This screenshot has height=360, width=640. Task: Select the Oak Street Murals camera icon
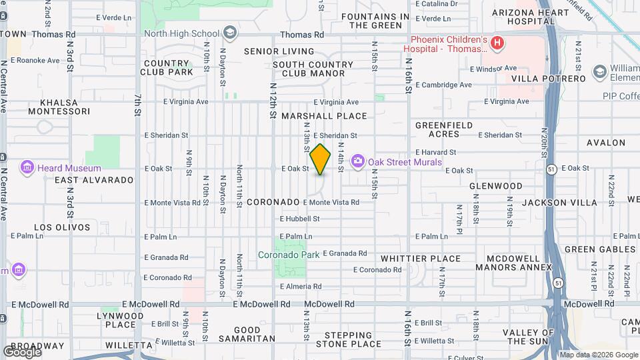point(358,161)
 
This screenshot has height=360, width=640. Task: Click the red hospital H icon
point(496,44)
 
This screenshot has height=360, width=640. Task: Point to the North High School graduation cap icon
point(229,33)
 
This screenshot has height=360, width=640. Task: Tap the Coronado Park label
point(289,254)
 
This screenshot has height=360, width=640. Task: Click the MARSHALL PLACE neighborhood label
point(324,116)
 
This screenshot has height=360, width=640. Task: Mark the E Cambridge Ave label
point(444,85)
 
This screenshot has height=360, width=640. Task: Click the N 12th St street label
point(273,100)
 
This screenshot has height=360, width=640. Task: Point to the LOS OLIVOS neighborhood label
point(62,227)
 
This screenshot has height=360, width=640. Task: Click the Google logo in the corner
point(22,351)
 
